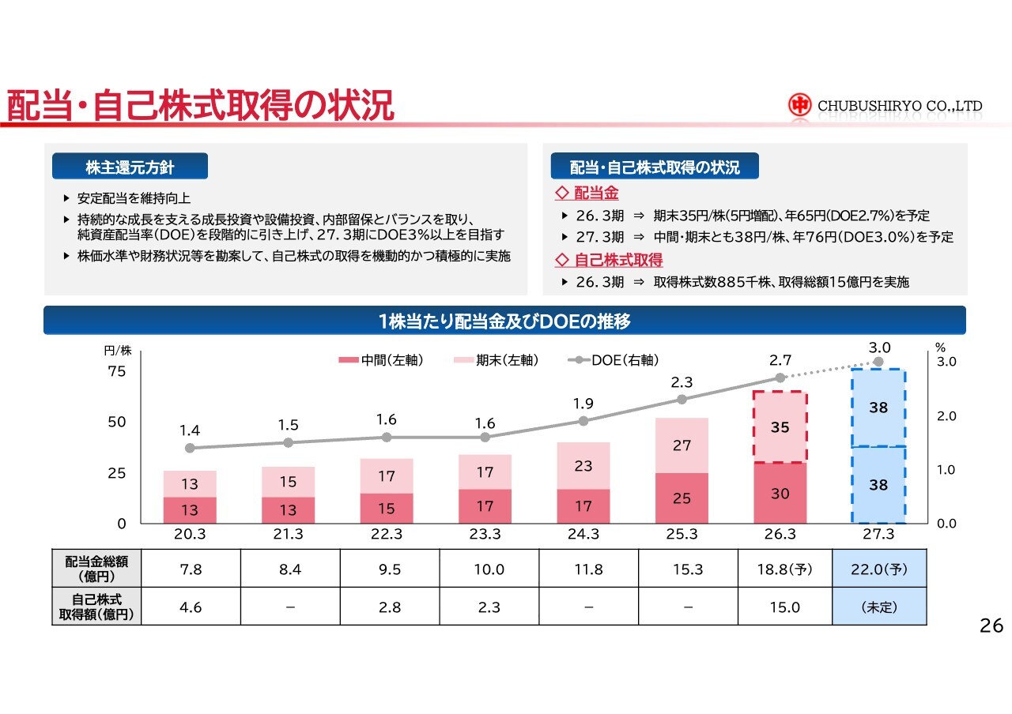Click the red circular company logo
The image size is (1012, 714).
(799, 105)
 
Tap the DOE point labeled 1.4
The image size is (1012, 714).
(190, 448)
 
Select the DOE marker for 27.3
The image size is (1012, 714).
(878, 362)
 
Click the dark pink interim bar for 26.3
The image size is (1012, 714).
(780, 493)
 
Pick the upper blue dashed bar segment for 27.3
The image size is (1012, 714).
(878, 408)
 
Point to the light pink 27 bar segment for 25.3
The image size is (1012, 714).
(682, 445)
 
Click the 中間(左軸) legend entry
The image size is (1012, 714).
(381, 359)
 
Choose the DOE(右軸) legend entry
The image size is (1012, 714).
(613, 359)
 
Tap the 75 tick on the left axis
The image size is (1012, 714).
(116, 371)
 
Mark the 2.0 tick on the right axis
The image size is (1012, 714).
(946, 415)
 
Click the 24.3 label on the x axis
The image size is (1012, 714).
(583, 534)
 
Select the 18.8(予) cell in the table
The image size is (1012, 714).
(785, 569)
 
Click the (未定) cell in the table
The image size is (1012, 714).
(879, 607)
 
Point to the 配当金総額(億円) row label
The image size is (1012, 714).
(96, 569)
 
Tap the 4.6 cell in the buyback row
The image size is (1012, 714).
(191, 607)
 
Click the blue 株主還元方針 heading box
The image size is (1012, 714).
(130, 166)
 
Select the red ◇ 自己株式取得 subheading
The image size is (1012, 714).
(609, 260)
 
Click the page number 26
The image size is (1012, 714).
(991, 626)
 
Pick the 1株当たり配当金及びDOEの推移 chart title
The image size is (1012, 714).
(504, 321)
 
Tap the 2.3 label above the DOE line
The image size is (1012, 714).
(682, 382)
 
